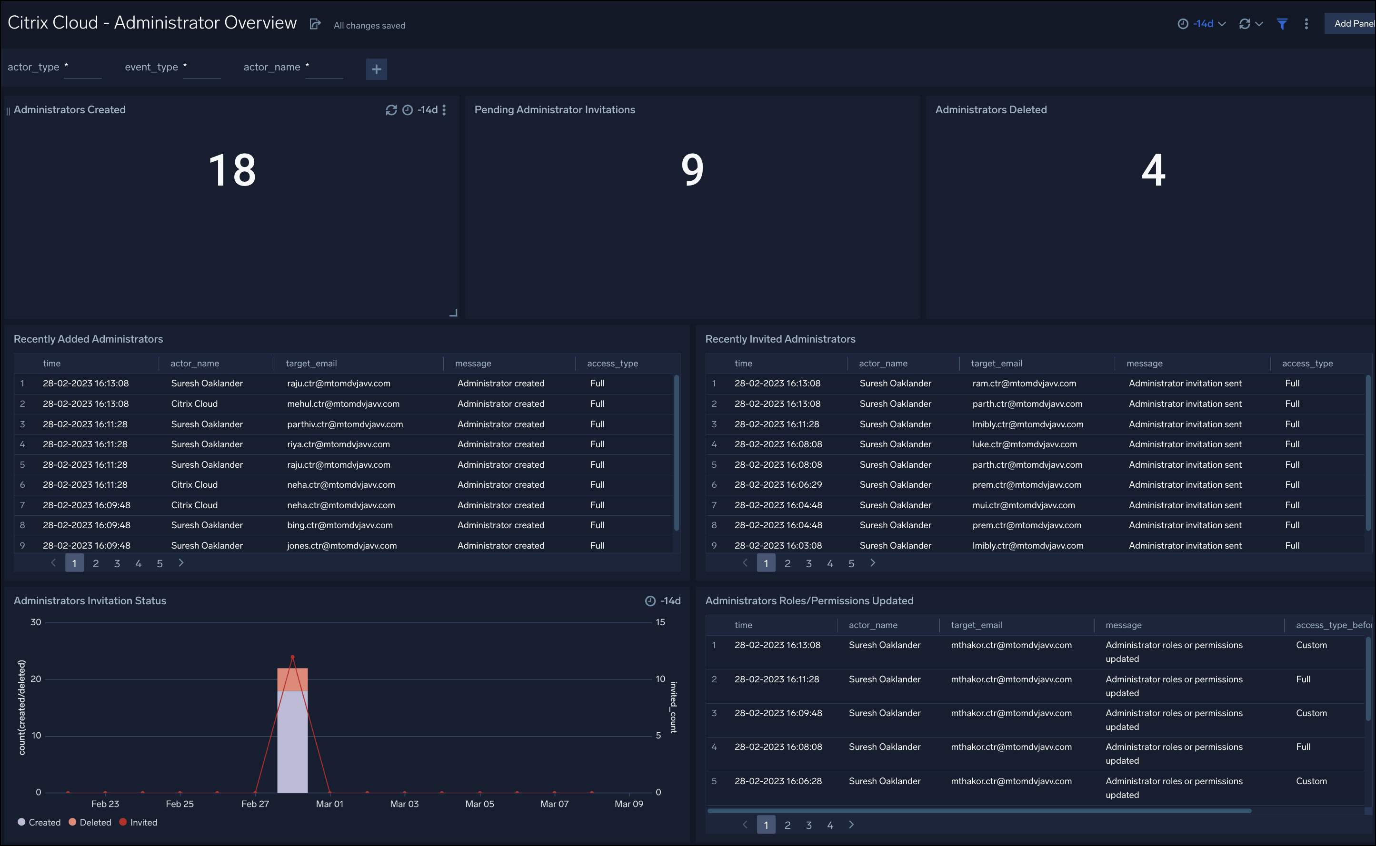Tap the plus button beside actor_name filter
click(x=376, y=69)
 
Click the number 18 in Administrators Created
click(x=232, y=170)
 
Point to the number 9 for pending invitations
click(x=692, y=170)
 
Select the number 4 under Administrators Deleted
click(x=1153, y=170)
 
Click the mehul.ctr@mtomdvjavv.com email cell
click(x=343, y=403)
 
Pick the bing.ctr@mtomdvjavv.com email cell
click(x=340, y=525)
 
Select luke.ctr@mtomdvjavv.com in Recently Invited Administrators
click(x=1025, y=444)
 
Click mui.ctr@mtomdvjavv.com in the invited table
click(x=1023, y=505)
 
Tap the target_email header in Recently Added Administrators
click(x=311, y=363)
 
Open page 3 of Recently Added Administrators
click(x=117, y=563)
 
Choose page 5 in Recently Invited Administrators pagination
click(x=851, y=563)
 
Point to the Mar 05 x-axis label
click(x=480, y=804)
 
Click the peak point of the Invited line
click(x=292, y=657)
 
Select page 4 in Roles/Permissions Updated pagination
click(x=829, y=825)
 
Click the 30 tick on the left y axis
click(x=36, y=622)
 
